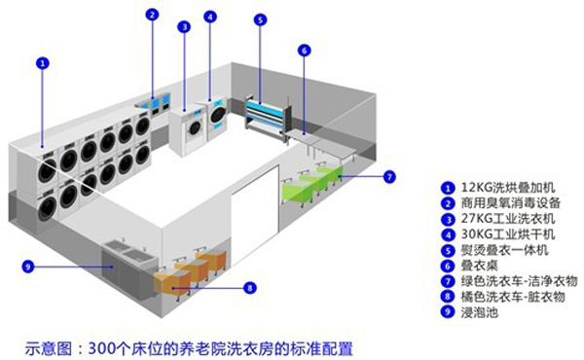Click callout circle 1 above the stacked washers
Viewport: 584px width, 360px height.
[43, 63]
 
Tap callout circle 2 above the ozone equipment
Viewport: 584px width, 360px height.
[152, 15]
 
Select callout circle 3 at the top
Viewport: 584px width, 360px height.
[184, 27]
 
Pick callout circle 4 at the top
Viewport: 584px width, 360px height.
[210, 17]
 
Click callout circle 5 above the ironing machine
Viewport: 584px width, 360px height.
[260, 19]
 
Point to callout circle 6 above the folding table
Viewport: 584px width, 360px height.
[305, 51]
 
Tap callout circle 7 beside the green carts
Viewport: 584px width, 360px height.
[389, 176]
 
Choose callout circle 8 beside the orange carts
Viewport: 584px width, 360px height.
[250, 288]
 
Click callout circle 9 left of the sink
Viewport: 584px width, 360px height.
[28, 267]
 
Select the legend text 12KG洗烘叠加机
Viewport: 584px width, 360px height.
[508, 187]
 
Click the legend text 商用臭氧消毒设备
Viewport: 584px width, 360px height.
[511, 203]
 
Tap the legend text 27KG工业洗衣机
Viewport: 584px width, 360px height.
[508, 219]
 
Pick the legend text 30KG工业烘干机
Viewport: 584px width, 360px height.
[508, 234]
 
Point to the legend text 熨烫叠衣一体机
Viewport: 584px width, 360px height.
[504, 250]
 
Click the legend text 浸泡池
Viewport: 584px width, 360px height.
[480, 312]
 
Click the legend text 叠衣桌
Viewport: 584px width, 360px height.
[480, 266]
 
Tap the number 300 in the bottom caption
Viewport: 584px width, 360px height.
[100, 349]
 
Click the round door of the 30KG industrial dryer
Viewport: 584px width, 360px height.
[218, 114]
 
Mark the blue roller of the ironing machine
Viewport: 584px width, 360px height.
[265, 108]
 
